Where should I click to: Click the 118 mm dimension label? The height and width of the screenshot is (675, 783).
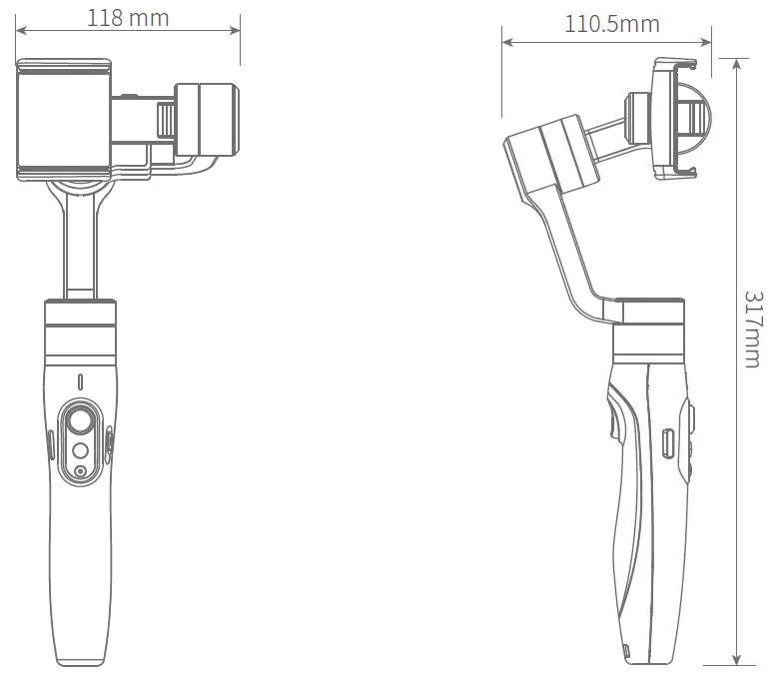pos(128,18)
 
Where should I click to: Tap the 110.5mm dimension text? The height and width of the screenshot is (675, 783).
pos(611,24)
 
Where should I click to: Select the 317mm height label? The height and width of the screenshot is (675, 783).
pos(753,330)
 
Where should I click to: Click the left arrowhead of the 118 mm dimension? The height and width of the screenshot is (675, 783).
pos(21,30)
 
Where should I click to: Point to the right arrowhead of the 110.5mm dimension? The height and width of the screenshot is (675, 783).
pos(706,42)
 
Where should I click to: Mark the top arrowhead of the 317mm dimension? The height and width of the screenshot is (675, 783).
pos(736,65)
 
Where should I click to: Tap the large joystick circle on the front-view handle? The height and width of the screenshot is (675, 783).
pos(80,420)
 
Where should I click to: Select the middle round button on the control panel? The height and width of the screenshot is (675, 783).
pos(80,451)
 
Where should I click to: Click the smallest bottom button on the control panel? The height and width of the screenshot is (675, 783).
pos(80,471)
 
